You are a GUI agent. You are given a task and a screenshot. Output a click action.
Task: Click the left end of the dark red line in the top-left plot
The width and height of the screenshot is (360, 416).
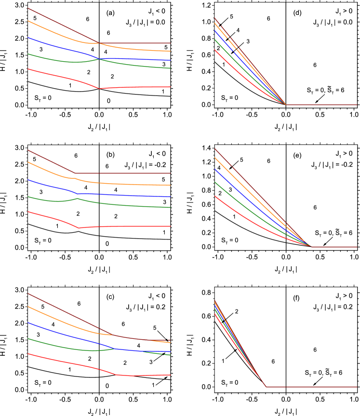(x=28, y=8)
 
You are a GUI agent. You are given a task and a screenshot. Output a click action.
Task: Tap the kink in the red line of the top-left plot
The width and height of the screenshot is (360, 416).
(x=99, y=88)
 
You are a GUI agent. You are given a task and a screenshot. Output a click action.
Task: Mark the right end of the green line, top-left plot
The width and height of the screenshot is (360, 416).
(x=170, y=68)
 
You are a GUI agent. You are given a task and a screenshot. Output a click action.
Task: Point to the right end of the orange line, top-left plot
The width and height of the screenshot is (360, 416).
(x=170, y=51)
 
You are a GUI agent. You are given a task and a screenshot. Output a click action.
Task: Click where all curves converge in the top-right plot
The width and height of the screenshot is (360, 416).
(x=286, y=105)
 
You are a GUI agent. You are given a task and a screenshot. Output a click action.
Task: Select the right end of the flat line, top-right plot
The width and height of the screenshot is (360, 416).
(x=357, y=105)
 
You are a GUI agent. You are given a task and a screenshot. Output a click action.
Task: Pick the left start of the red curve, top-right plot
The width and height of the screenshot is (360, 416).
(x=214, y=50)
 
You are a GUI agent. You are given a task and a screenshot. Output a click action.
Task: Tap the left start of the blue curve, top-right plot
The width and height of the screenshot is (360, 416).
(x=214, y=30)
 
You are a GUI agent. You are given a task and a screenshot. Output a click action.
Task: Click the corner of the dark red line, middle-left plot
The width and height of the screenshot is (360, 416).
(x=76, y=173)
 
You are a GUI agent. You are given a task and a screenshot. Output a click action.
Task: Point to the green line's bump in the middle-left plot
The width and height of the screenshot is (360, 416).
(x=77, y=198)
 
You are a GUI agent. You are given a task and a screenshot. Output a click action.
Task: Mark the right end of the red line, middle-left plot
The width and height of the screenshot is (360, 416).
(x=170, y=226)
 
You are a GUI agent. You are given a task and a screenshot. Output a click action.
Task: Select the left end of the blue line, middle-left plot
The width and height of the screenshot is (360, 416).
(x=28, y=180)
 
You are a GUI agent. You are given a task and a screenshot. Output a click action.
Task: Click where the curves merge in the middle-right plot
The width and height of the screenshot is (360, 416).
(x=311, y=247)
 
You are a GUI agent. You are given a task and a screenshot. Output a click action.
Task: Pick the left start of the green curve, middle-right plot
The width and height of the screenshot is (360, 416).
(x=214, y=182)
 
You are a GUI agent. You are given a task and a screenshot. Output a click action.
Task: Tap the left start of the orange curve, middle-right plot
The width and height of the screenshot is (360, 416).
(x=214, y=157)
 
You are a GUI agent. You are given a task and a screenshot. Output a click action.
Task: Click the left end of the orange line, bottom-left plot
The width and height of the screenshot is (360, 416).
(x=28, y=306)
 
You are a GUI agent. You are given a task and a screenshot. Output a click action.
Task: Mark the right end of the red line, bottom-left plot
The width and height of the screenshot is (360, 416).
(x=170, y=375)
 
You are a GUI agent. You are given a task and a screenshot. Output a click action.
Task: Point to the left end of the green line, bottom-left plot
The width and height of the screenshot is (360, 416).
(x=28, y=338)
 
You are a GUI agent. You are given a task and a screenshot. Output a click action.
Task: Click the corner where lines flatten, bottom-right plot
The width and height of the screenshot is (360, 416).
(x=266, y=387)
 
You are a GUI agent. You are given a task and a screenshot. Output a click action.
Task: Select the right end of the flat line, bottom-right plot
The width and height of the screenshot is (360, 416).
(x=357, y=387)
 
